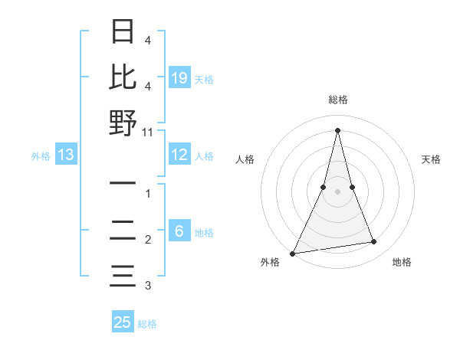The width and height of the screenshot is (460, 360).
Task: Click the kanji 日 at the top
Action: coord(123,31)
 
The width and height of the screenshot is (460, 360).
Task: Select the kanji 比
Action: coord(123,77)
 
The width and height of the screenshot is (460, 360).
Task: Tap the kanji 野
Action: coord(123,123)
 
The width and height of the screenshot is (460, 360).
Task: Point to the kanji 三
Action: coord(123,276)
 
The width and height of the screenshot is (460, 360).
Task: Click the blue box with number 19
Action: coord(179,77)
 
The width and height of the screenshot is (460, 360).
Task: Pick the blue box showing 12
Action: coord(179,155)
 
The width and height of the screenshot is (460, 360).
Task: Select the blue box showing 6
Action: coord(179,232)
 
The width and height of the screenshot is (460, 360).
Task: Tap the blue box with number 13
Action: coord(65,155)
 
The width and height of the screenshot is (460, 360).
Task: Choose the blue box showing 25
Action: coord(123,322)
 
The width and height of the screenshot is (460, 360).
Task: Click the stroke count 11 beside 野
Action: coord(148,132)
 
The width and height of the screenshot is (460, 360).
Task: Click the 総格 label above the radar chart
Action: coord(337,100)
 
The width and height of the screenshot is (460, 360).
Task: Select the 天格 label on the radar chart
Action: coord(432,159)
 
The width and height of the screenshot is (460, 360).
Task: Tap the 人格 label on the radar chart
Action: coord(245,159)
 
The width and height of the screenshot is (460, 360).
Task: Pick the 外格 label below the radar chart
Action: coord(270,262)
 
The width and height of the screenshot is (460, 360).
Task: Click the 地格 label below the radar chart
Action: coord(402,262)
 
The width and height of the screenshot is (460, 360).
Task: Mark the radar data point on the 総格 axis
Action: coord(337,129)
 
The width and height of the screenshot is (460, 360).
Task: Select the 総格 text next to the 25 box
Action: coord(148,324)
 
